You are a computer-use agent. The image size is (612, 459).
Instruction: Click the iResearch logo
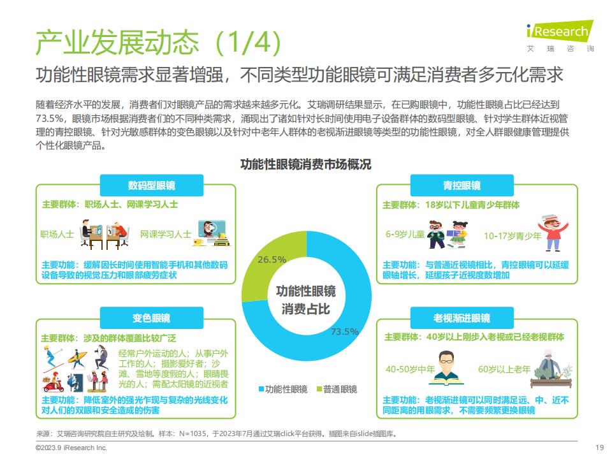coord(560,36)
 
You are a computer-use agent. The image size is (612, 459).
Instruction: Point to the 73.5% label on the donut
coord(345,331)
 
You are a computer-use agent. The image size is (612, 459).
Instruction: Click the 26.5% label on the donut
coord(272,259)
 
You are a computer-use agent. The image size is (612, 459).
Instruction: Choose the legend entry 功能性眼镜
coord(283,389)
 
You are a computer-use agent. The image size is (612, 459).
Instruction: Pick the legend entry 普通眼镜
coord(337,389)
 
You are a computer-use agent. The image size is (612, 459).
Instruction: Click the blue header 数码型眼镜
coord(152,186)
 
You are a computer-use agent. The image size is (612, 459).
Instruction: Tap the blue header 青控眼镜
coord(462,186)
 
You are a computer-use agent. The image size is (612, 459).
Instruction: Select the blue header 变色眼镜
coord(152,318)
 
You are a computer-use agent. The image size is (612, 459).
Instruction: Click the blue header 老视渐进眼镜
coord(462,318)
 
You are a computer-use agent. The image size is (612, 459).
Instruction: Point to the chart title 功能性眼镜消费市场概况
coord(305,164)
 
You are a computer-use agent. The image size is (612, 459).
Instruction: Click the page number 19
coord(599,448)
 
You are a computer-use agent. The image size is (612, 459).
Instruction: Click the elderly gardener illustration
coord(551,369)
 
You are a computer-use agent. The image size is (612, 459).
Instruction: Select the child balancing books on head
coord(553,233)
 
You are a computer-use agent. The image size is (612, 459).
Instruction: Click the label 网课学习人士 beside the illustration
coord(166,234)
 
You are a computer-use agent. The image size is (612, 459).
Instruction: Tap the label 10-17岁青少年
coord(513,236)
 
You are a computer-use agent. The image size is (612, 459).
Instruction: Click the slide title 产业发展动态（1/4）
coord(158,42)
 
